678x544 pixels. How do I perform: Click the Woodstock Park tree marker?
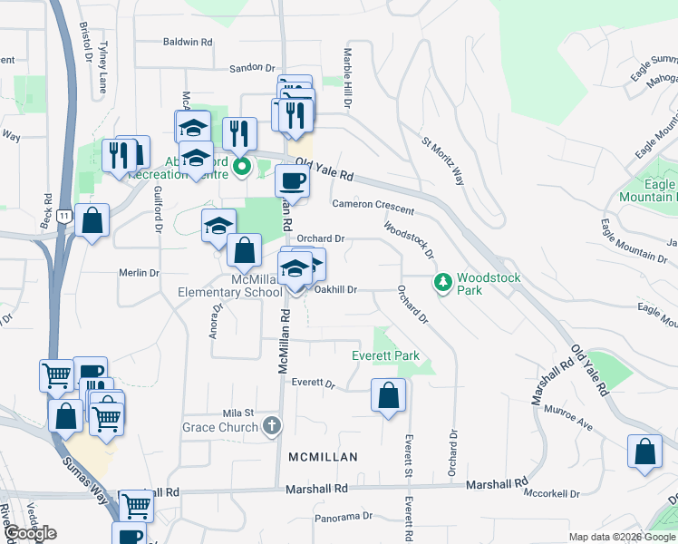click(x=442, y=282)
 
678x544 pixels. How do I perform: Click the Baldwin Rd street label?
click(x=188, y=42)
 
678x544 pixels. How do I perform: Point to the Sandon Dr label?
click(x=251, y=67)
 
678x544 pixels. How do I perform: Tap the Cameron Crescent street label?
click(x=373, y=208)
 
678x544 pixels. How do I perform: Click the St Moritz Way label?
click(x=441, y=160)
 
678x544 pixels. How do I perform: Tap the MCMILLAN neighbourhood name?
click(x=323, y=457)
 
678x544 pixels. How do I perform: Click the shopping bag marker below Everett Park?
click(x=388, y=396)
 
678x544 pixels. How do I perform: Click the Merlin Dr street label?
click(x=139, y=272)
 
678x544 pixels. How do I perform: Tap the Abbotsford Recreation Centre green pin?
click(x=242, y=166)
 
